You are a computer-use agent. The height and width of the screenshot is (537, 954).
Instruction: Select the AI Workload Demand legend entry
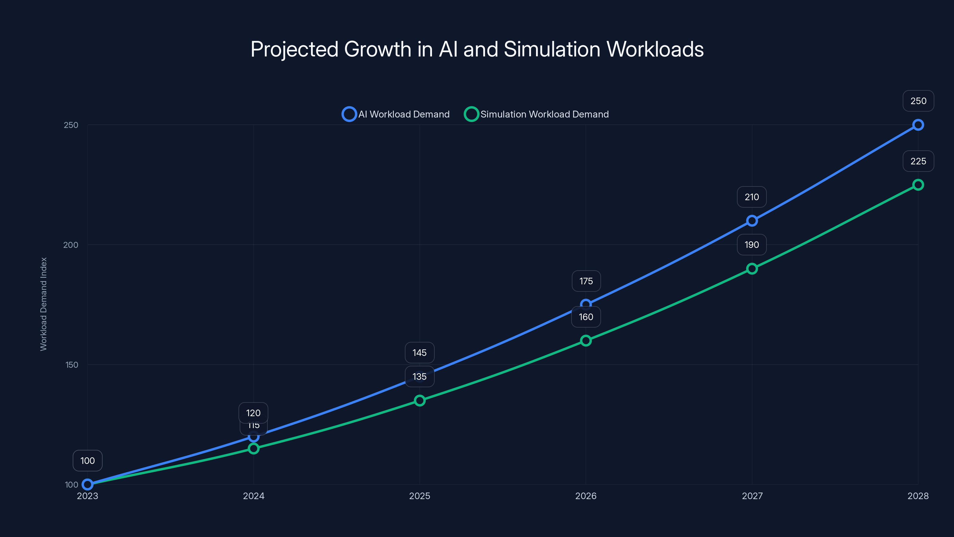pos(396,114)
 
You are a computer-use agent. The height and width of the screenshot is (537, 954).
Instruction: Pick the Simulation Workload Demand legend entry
pos(536,114)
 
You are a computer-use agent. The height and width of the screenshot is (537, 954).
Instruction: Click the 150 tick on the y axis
pos(72,365)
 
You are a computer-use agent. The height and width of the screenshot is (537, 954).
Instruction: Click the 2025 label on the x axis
pos(419,496)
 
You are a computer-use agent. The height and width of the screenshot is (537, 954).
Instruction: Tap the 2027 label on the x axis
pos(752,496)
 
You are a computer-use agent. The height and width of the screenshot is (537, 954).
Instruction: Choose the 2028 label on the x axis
pos(918,496)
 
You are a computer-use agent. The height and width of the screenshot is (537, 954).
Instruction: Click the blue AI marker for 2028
pos(918,125)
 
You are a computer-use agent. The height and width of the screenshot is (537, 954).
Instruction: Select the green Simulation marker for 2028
pos(918,185)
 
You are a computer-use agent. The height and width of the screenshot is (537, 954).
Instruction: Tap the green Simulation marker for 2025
pos(419,401)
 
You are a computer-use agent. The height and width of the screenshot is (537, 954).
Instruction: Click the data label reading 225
pos(918,161)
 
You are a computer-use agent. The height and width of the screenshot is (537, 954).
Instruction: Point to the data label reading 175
pos(586,281)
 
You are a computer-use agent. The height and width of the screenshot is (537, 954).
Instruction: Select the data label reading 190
pos(751,245)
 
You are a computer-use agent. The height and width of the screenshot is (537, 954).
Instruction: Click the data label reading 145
pos(419,352)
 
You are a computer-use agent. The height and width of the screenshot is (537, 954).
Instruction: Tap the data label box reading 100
pos(87,461)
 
